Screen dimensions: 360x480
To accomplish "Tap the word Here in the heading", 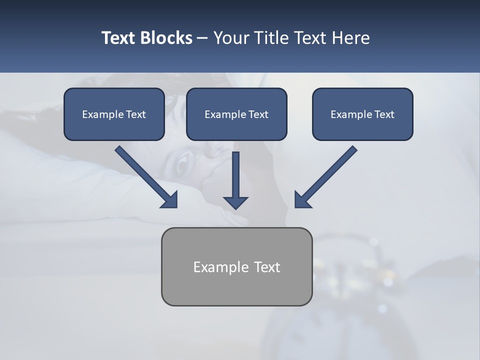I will coord(350,38).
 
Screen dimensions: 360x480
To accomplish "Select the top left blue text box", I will coord(114,114).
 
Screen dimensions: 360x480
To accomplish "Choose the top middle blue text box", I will coord(236,114).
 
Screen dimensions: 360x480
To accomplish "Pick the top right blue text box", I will coord(362,114).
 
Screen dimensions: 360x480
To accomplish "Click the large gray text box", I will coord(236,266).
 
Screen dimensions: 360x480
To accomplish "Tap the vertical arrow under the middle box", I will coord(235,175).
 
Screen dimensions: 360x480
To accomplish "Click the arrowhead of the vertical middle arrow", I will coord(235,202).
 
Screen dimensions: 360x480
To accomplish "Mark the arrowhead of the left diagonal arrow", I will coord(170,200).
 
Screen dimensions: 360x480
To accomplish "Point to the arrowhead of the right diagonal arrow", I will coord(302,199).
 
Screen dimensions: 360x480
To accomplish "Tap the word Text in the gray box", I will coord(267,267).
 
